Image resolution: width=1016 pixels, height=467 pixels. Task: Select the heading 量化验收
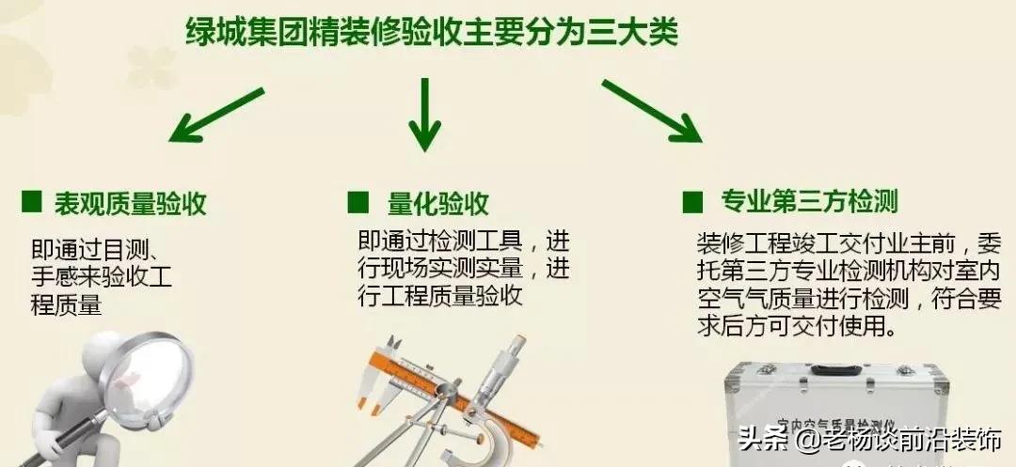[x=438, y=203]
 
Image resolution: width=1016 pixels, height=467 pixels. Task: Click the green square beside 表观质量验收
[x=32, y=202]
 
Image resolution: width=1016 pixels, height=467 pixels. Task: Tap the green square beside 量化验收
[x=357, y=202]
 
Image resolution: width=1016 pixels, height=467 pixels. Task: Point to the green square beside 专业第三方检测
[x=692, y=201]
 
